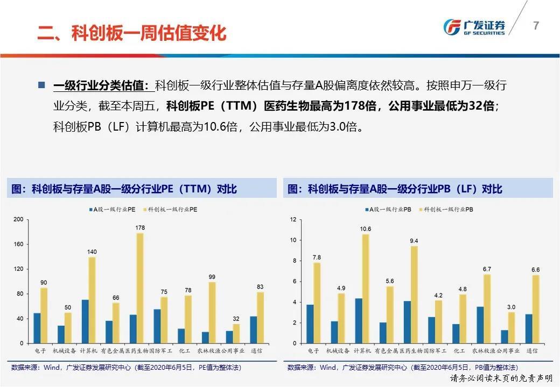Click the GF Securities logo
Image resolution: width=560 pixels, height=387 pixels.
pos(474,27)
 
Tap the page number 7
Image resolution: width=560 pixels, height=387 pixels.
pos(535,26)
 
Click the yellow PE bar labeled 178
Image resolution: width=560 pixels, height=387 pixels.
pos(140,288)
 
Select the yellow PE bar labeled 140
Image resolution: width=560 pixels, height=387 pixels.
pos(92,300)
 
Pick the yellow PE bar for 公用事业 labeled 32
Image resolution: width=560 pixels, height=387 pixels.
pos(236,333)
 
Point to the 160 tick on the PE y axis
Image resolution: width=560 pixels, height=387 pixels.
pos(18,244)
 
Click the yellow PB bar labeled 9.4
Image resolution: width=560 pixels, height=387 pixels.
pos(414,295)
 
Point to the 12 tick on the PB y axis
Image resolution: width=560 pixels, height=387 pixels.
pos(293,219)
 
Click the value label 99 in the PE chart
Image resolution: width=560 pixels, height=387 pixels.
pos(212,277)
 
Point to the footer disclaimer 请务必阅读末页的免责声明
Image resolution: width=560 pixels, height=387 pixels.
pos(502,379)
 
